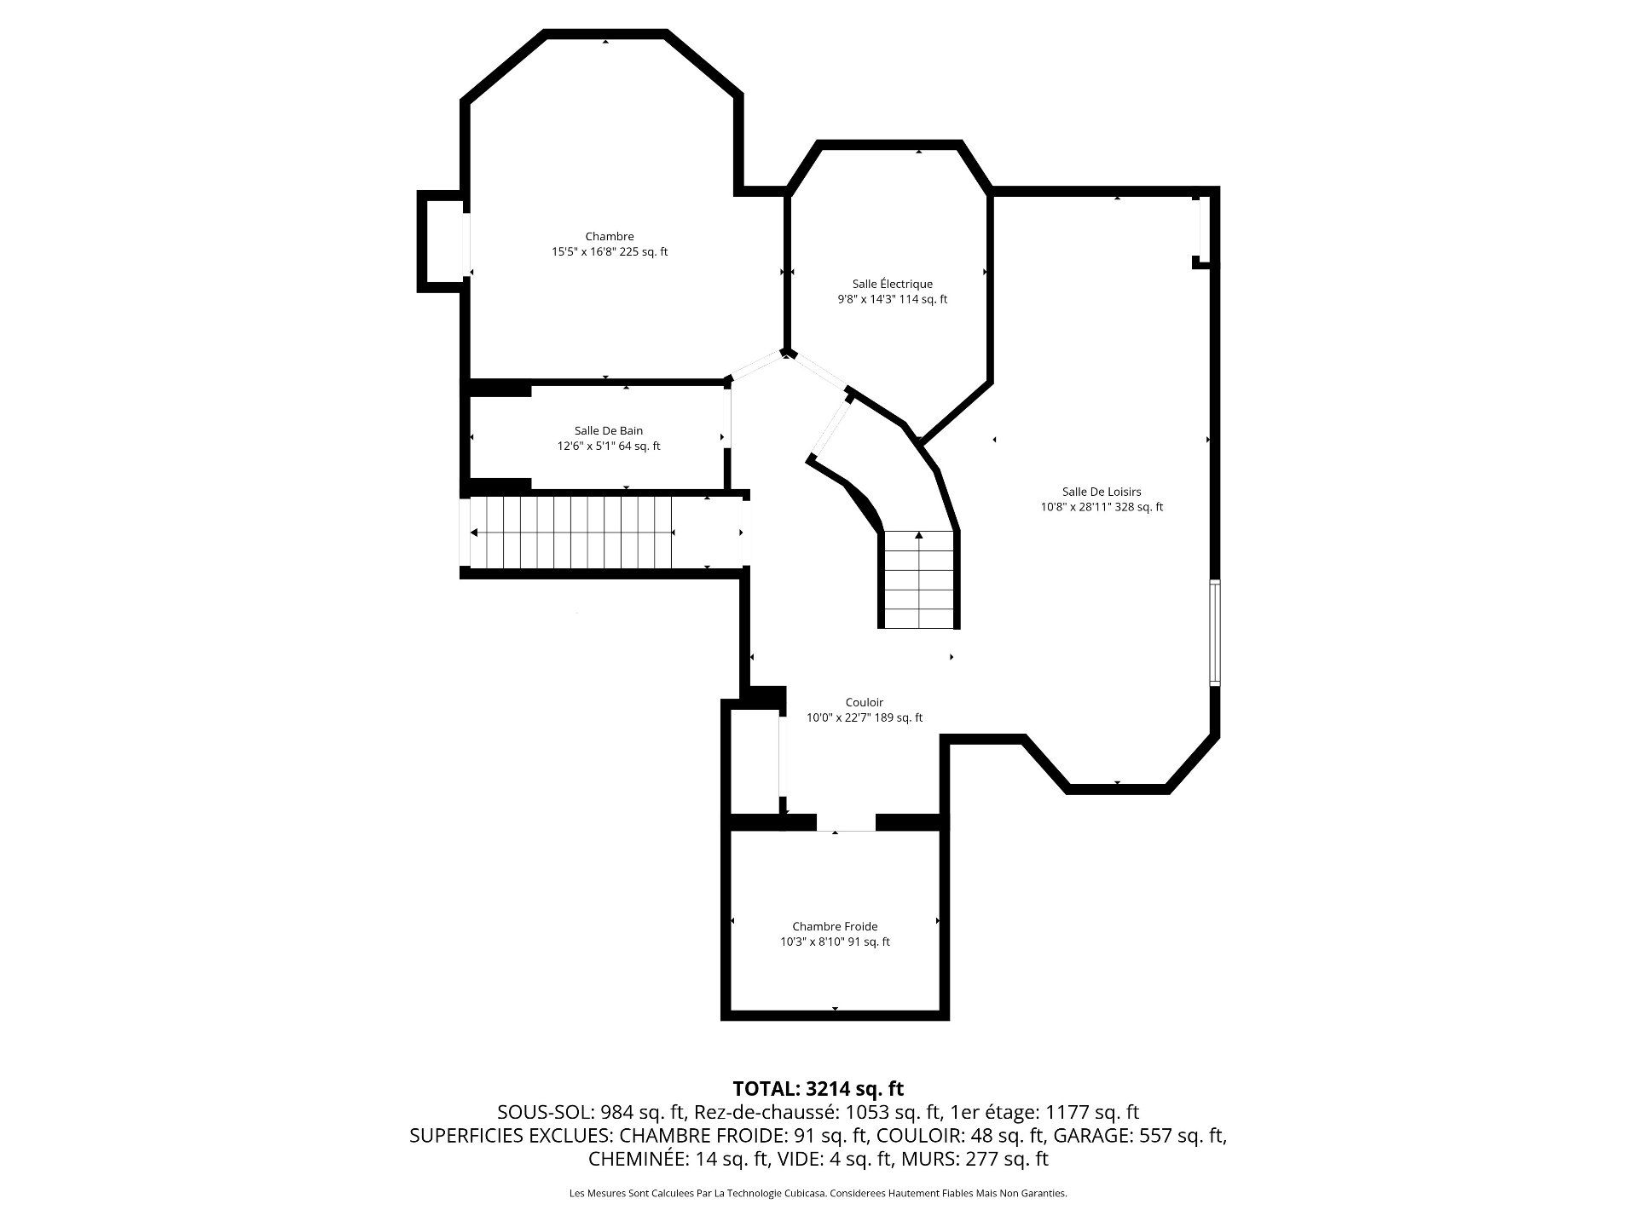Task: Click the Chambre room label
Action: coord(610,237)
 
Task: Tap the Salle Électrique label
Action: coord(893,284)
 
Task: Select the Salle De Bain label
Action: coord(609,431)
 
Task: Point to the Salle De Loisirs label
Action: coord(1102,492)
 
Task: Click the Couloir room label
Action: coord(865,702)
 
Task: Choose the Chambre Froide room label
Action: coord(835,926)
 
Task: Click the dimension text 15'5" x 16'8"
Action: coord(583,252)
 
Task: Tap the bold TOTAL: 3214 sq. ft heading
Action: coord(818,1088)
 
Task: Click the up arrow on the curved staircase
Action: coord(919,535)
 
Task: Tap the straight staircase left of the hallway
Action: coord(571,533)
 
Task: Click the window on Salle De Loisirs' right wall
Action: coord(1215,632)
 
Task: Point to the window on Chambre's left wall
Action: coord(466,245)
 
